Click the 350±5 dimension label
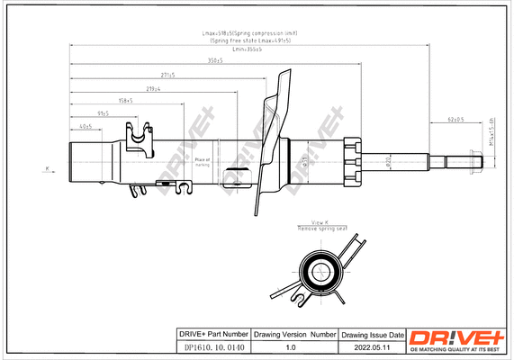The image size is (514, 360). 214,62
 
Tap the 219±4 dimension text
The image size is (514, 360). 153,89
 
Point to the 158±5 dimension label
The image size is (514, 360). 124,102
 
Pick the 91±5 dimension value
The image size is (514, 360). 102,113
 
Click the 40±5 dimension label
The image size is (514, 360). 85,126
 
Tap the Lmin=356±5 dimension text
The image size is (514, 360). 247,49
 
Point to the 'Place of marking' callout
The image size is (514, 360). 202,162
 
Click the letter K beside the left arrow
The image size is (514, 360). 46,168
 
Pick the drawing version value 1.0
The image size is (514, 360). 290,346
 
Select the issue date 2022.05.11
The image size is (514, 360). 371,346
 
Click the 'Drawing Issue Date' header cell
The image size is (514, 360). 371,333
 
